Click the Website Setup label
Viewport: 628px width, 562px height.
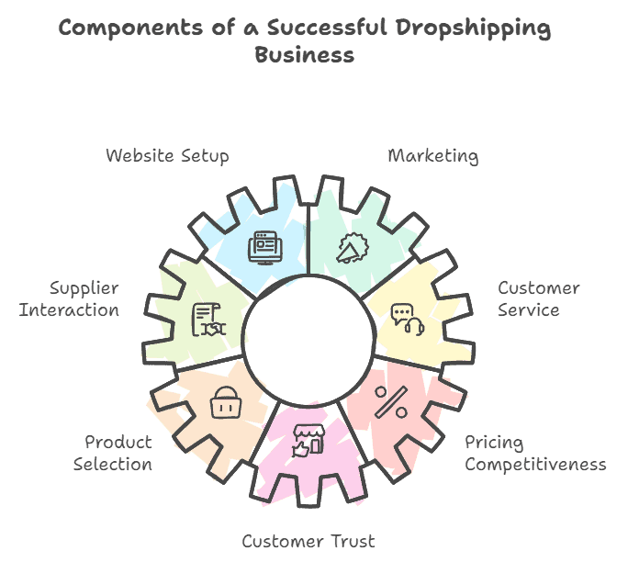click(x=167, y=156)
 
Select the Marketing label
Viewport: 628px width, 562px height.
click(x=432, y=156)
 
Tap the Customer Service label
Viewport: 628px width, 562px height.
click(x=538, y=299)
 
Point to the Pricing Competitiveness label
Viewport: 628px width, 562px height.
click(x=534, y=454)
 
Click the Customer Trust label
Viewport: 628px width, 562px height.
click(x=308, y=542)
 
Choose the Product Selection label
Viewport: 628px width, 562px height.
click(x=113, y=454)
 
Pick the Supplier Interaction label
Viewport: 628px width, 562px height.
click(x=70, y=299)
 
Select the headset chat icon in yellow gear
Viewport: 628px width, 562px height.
click(x=407, y=320)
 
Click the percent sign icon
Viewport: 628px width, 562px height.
click(x=392, y=400)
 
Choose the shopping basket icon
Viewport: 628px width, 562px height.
click(x=225, y=402)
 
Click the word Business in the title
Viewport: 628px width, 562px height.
click(x=303, y=55)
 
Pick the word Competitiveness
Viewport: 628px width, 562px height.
click(x=534, y=465)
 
